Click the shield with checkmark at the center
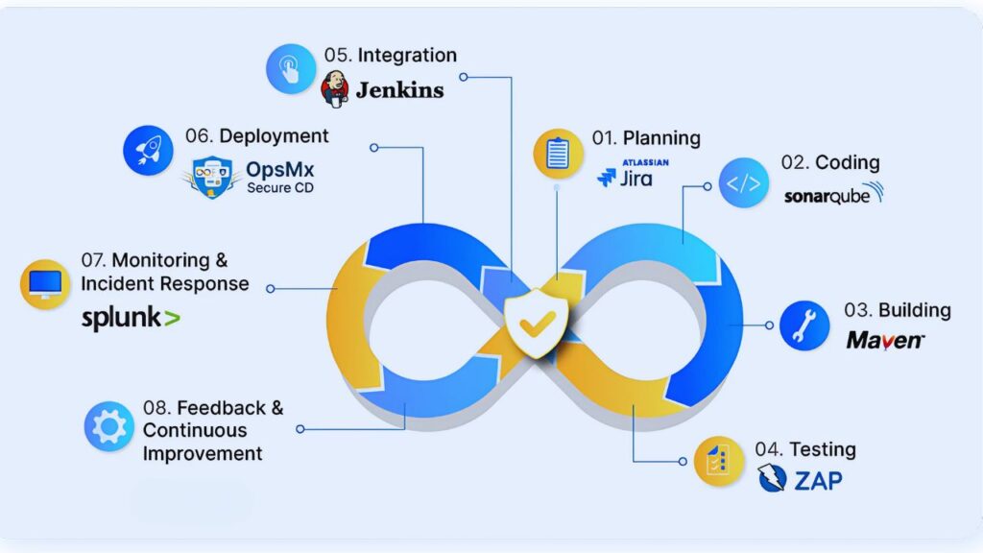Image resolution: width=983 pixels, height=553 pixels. [531, 324]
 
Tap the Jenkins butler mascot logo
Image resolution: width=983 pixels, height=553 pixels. [335, 88]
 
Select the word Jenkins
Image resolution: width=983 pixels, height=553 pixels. [399, 90]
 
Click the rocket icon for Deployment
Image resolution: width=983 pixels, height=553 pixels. [148, 150]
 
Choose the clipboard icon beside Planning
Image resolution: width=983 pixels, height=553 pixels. [558, 154]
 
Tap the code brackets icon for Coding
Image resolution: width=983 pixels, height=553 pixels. [743, 183]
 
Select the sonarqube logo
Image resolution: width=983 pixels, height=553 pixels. [832, 194]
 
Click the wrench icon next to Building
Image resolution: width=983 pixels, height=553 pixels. [804, 325]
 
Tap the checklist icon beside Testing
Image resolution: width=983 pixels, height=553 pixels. [719, 462]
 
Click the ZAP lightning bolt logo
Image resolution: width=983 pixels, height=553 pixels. [772, 478]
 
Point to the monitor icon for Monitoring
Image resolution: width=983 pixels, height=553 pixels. [45, 283]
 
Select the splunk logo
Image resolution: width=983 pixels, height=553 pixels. [131, 319]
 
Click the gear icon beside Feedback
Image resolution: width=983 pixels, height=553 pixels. [108, 426]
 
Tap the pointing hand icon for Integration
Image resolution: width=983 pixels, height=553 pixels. [290, 69]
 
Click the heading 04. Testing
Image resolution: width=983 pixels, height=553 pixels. [804, 449]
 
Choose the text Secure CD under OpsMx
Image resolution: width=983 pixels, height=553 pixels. [279, 188]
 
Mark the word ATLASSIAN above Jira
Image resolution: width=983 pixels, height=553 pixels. [645, 162]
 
